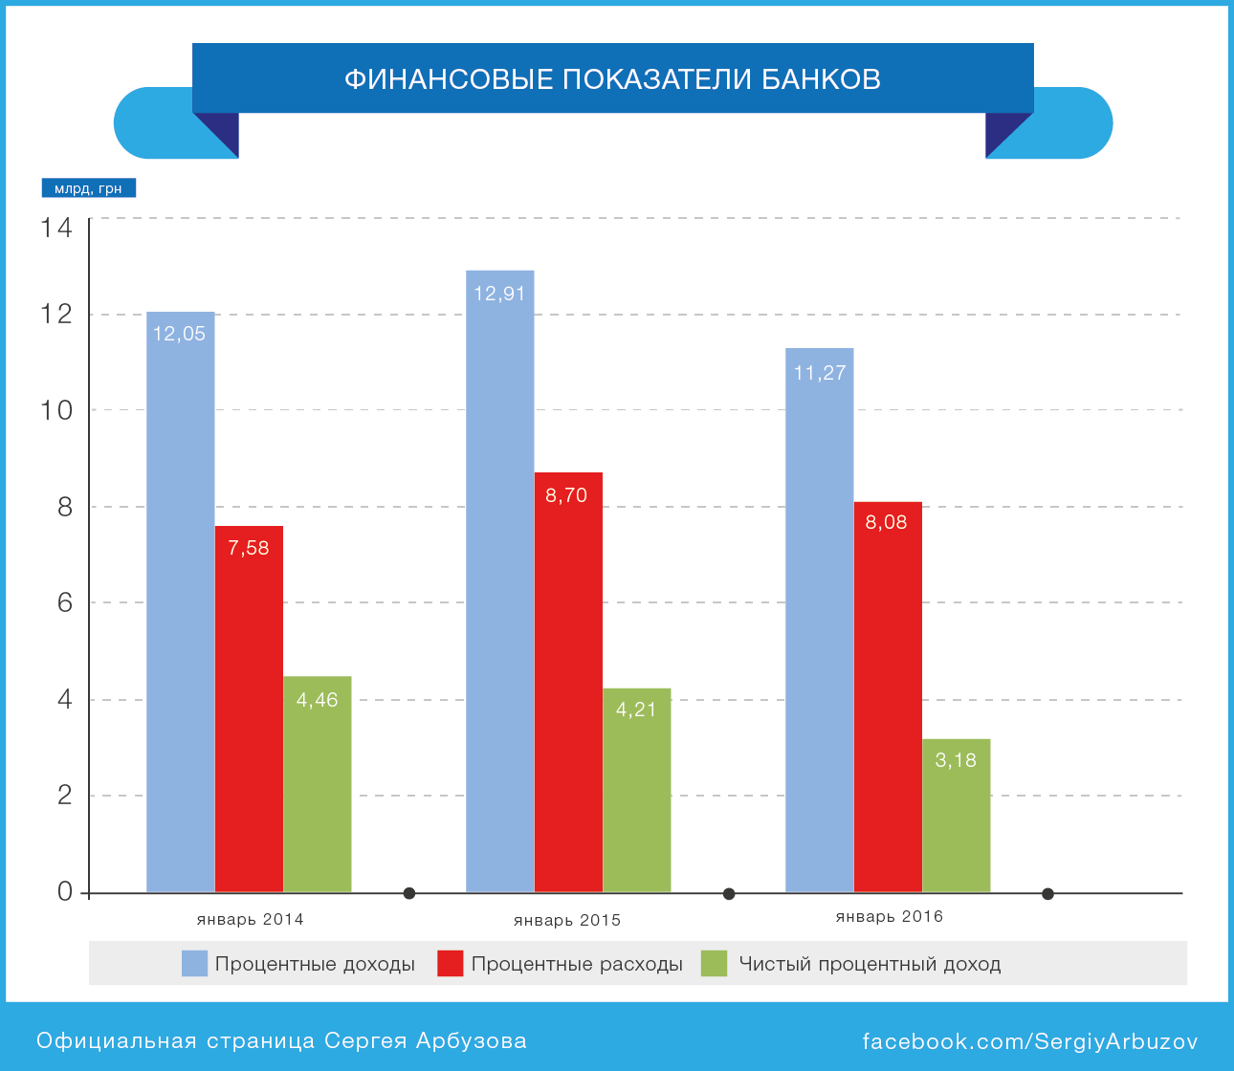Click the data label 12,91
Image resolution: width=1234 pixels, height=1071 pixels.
(x=500, y=294)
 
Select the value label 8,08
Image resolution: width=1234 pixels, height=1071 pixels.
(x=887, y=522)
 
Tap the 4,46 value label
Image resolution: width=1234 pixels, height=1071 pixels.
(x=318, y=700)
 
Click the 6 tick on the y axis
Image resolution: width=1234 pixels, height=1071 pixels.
(x=65, y=603)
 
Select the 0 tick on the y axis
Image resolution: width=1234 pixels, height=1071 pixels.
(x=65, y=891)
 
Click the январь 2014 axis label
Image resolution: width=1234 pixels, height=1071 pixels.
(x=251, y=920)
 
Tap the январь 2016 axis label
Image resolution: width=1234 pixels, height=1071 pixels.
(x=890, y=917)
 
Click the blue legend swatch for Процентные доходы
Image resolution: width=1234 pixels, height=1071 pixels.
(x=194, y=964)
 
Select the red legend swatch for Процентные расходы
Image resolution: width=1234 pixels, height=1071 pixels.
(x=451, y=964)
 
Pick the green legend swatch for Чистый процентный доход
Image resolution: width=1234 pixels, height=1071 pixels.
(x=714, y=964)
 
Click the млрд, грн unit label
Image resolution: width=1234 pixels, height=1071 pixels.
(x=89, y=188)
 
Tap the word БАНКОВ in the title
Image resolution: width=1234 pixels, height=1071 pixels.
(x=821, y=78)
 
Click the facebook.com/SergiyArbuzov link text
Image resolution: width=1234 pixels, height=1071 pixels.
(x=1030, y=1041)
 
